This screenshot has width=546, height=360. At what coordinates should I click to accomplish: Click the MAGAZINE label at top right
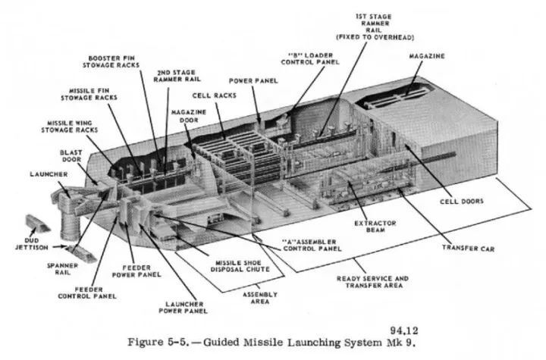pyautogui.click(x=427, y=56)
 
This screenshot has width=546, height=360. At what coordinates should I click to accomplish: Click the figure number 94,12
pyautogui.click(x=405, y=331)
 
